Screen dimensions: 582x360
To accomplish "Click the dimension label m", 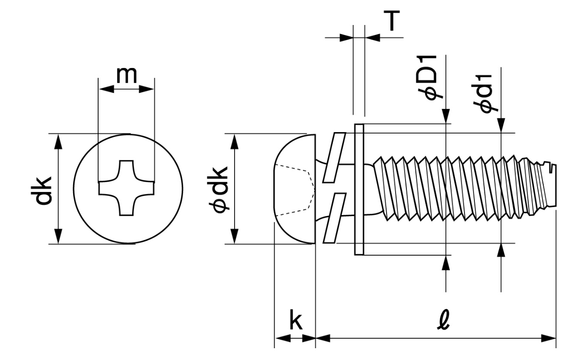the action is pos(127,75).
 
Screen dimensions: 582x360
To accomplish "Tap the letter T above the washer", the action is pos(392,20).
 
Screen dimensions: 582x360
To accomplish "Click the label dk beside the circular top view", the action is pos(42,191).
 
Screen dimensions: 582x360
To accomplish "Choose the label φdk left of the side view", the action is pos(218,190).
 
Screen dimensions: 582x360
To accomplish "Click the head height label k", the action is pos(296,319).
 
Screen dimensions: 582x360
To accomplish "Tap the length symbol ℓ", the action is pos(443,320).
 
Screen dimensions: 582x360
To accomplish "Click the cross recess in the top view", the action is pos(127,188).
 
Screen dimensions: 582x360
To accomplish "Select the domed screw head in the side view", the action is pos(295,189).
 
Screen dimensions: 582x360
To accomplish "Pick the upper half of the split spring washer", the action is pos(334,158).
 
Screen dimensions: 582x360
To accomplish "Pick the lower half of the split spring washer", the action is pos(334,218).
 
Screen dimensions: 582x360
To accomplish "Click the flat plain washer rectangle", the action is pos(359,190).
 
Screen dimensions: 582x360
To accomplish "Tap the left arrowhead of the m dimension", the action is pos(107,89).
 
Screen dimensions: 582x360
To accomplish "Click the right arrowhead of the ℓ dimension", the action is pos(548,338).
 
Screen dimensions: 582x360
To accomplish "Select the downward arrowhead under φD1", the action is pos(446,116).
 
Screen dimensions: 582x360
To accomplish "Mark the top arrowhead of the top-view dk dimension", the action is pos(58,142).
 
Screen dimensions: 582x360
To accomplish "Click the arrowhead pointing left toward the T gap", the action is pos(372,38).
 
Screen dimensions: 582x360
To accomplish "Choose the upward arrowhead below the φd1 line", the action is pos(501,251).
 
